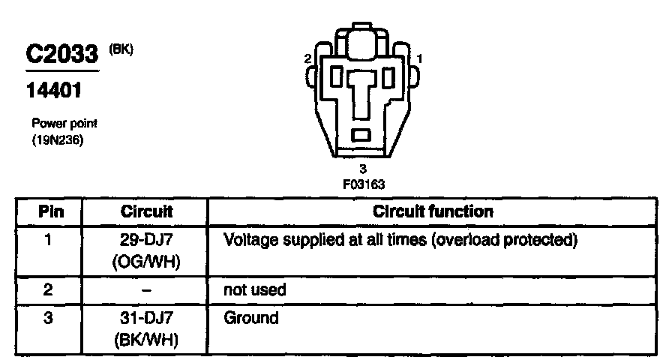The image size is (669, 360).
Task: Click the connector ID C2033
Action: pos(63,55)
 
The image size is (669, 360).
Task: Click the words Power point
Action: pos(64,124)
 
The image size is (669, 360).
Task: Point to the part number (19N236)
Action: pos(57,139)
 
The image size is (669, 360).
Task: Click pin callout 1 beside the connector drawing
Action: pos(420,58)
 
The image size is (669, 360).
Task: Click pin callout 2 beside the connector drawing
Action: pos(307,58)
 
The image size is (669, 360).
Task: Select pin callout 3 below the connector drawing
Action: pos(363,169)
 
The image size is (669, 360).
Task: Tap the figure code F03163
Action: pos(363,182)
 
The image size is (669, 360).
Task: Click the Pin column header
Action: pos(51,211)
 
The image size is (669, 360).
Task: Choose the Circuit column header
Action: pos(147,211)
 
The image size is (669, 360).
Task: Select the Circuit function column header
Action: pos(433,211)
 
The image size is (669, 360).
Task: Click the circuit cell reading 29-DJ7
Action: pos(147,241)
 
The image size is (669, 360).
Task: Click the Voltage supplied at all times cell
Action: pos(400,241)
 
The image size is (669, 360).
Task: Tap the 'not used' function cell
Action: pos(255,289)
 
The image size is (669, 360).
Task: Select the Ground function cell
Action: pos(251,318)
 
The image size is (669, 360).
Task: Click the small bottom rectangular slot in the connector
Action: pos(363,135)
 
